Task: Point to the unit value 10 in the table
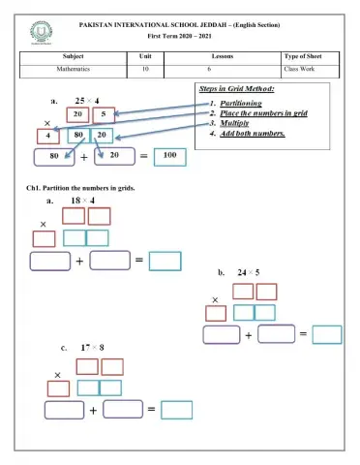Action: (144, 71)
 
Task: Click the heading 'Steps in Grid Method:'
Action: (236, 89)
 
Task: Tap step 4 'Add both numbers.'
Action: (251, 134)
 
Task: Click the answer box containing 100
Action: (169, 155)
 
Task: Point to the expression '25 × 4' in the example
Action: (86, 100)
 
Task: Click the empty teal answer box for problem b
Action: (326, 334)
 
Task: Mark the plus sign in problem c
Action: (94, 410)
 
